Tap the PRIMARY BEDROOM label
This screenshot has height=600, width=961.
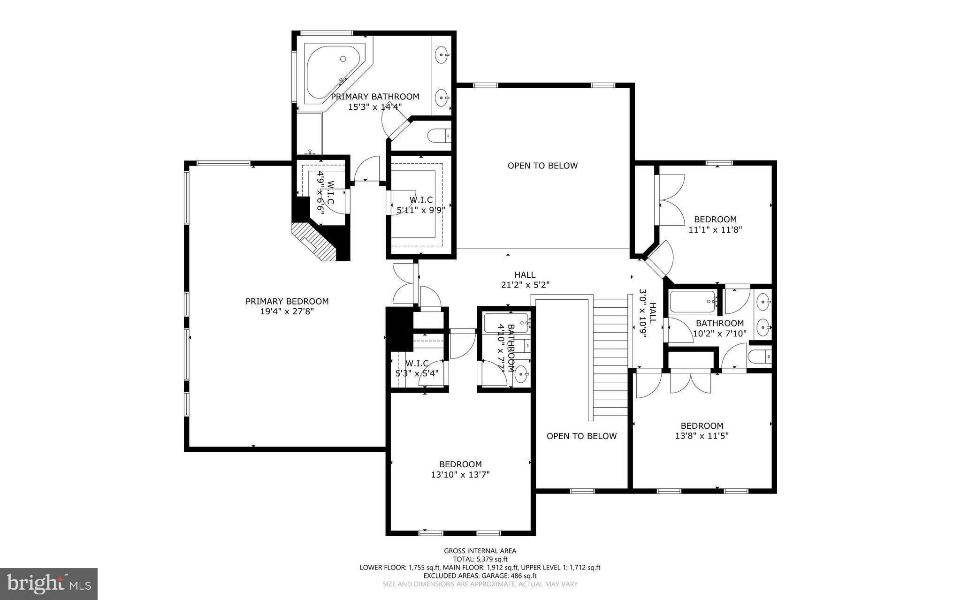[287, 301]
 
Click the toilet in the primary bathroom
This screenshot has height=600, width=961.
[439, 136]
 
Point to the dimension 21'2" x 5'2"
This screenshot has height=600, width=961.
[525, 284]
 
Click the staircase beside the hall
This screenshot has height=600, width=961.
[610, 357]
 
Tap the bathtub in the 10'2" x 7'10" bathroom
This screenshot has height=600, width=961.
[693, 302]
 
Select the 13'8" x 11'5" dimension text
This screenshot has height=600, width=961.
[702, 436]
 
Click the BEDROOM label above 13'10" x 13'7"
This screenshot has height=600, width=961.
[460, 464]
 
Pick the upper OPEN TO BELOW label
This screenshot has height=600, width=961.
[542, 166]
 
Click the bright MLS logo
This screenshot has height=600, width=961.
[49, 583]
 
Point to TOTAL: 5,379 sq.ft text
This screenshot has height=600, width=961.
[480, 559]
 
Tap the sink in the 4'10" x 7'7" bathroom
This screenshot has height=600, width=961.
[522, 374]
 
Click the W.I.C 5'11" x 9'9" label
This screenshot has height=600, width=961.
[421, 205]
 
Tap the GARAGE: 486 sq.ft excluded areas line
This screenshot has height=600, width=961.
[480, 576]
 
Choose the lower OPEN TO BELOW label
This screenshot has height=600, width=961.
[581, 436]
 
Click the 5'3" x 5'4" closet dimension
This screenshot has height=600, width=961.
[417, 374]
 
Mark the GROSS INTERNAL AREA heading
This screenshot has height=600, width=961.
[480, 551]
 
